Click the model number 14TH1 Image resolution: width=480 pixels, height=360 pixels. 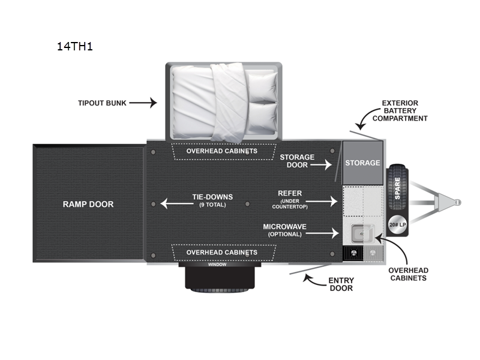pyautogui.click(x=74, y=46)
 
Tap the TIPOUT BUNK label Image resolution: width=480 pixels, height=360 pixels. pyautogui.click(x=101, y=103)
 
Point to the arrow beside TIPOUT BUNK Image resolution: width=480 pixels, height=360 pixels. pyautogui.click(x=143, y=103)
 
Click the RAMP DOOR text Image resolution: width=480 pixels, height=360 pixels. pyautogui.click(x=88, y=204)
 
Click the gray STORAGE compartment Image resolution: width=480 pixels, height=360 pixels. pyautogui.click(x=362, y=163)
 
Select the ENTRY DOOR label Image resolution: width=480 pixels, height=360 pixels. pyautogui.click(x=341, y=284)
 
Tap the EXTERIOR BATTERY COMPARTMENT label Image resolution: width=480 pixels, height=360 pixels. pyautogui.click(x=400, y=110)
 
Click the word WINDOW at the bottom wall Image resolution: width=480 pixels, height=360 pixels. pyautogui.click(x=217, y=265)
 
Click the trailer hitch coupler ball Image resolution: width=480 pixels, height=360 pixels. pyautogui.click(x=458, y=202)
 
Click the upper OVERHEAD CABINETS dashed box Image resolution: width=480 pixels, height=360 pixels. pyautogui.click(x=222, y=151)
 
